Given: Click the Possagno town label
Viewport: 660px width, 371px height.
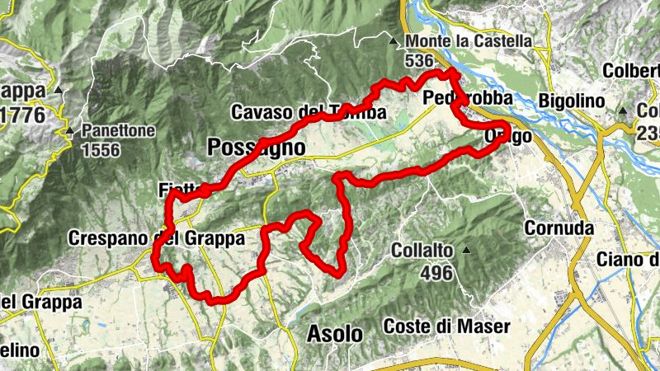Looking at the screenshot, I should (x=257, y=147).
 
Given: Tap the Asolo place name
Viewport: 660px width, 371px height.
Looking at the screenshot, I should (x=334, y=334).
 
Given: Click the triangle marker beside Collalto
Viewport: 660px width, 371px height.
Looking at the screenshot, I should (x=467, y=250).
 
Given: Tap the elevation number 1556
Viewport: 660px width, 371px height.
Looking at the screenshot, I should (x=101, y=150).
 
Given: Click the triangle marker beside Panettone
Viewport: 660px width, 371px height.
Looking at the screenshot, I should (x=70, y=130).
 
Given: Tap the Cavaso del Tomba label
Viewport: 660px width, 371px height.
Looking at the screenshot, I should (x=309, y=112).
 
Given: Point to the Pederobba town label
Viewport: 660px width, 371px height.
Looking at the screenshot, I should (x=466, y=98).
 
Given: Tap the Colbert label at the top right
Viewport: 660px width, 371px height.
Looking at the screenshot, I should (x=631, y=71).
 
